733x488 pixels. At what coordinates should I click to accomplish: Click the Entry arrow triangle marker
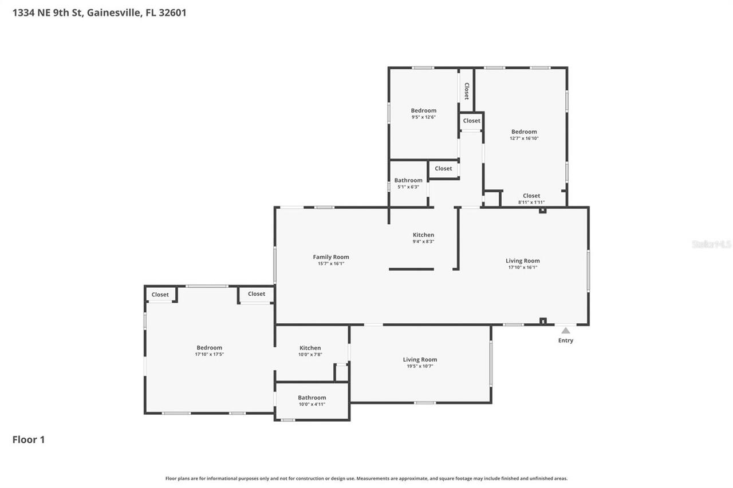pyautogui.click(x=565, y=331)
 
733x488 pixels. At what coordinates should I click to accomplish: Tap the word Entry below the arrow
pyautogui.click(x=565, y=340)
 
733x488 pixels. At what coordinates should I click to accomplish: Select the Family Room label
pyautogui.click(x=330, y=257)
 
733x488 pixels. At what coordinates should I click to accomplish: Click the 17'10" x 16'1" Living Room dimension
pyautogui.click(x=522, y=267)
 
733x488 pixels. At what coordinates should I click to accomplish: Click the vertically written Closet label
pyautogui.click(x=467, y=91)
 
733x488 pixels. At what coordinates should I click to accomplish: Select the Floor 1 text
pyautogui.click(x=29, y=439)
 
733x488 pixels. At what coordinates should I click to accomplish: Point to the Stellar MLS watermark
pyautogui.click(x=711, y=244)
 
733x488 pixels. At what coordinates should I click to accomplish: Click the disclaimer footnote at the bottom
pyautogui.click(x=366, y=478)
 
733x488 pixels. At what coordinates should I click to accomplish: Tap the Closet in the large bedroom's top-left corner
pyautogui.click(x=160, y=295)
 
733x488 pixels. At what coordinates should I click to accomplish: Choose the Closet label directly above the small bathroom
pyautogui.click(x=443, y=168)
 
